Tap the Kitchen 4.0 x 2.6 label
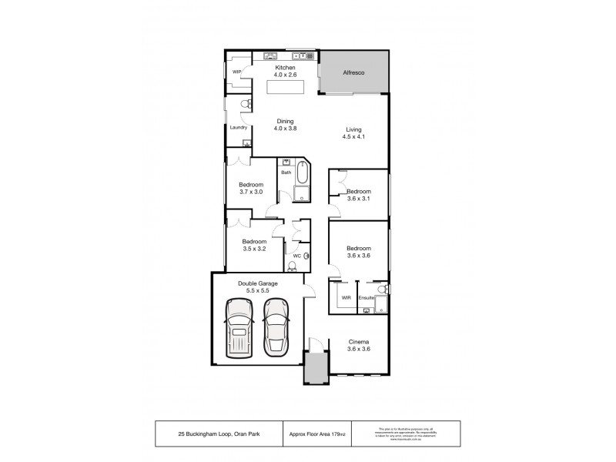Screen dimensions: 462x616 tap(286, 71)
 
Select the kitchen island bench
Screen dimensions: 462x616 tap(285, 86)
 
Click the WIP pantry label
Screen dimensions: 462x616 tap(237, 72)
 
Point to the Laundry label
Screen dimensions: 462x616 tap(238, 127)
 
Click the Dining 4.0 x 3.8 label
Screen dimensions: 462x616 tap(286, 124)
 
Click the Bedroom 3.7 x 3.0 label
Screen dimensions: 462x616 tap(251, 188)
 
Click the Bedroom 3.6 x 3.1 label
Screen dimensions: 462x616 tap(359, 195)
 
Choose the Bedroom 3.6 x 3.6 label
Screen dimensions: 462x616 tap(359, 252)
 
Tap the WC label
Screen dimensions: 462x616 tap(296, 256)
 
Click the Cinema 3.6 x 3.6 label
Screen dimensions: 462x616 tap(359, 345)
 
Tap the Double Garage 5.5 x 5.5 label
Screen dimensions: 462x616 tap(257, 287)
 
